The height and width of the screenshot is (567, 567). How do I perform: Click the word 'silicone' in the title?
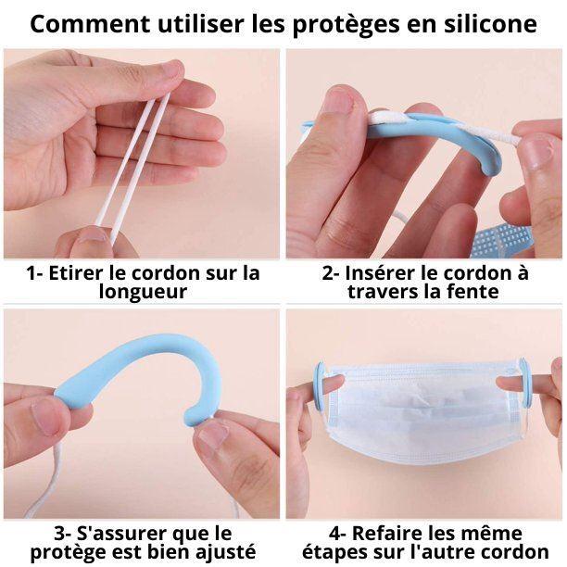pos(490,24)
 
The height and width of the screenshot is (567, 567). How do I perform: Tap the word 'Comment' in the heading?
pos(90,24)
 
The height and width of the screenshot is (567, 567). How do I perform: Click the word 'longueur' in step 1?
pos(144,292)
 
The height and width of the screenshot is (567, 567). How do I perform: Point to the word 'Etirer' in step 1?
pos(75,272)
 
